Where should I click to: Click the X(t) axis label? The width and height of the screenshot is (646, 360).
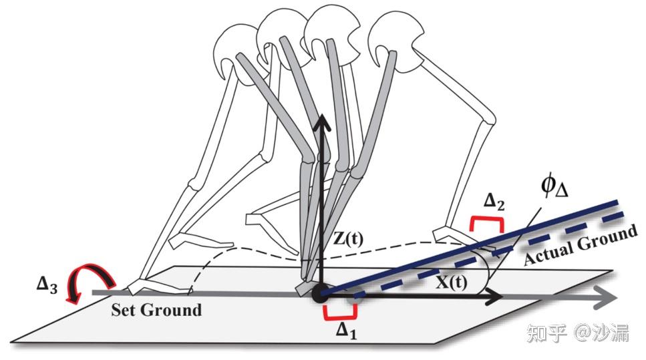point(451,283)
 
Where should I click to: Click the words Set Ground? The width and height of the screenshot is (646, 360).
point(156,311)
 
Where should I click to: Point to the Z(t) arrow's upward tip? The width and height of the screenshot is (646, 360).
point(321,121)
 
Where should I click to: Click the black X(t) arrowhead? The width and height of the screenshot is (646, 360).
point(492,295)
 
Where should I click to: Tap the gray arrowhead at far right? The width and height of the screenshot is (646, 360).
point(605,295)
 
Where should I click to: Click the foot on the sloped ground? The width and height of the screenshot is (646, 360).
point(461,240)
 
